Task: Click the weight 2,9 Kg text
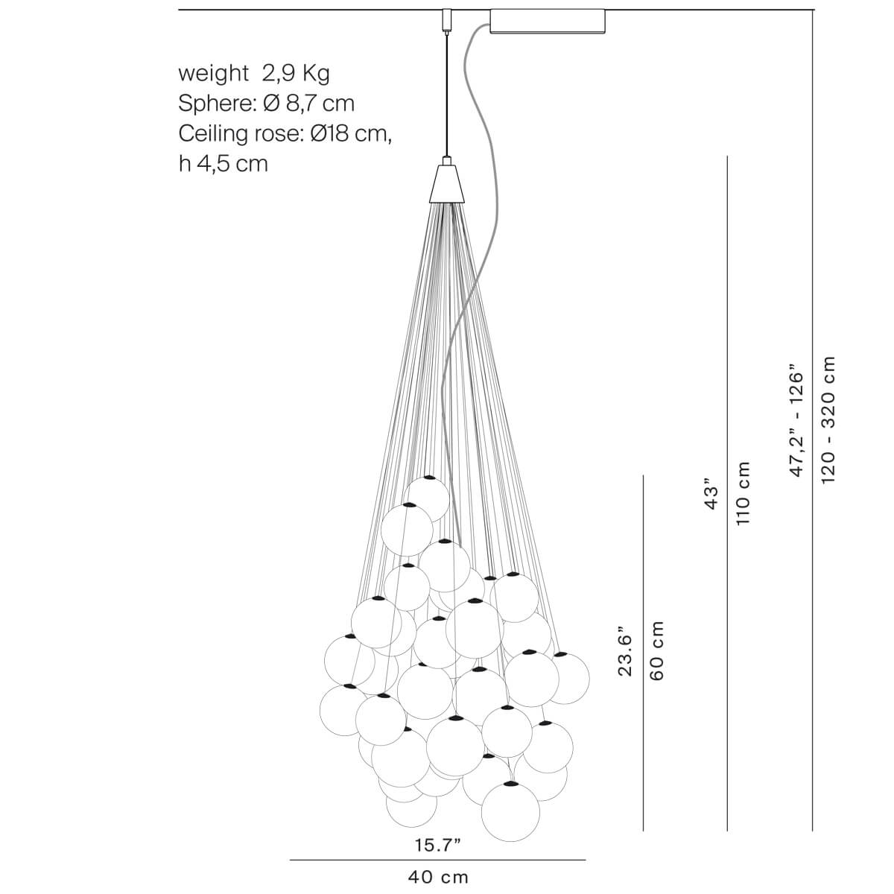point(253,73)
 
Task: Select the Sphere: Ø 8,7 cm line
point(266,103)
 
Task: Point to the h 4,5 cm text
point(223,163)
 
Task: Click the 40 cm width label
point(438,877)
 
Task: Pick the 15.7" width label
point(438,845)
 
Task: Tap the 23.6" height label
point(624,650)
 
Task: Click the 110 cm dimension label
point(743,493)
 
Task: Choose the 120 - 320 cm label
point(828,419)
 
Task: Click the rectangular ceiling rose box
point(548,21)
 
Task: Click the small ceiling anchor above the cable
point(447,19)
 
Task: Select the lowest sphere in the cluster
point(510,811)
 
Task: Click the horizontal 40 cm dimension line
point(438,860)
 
